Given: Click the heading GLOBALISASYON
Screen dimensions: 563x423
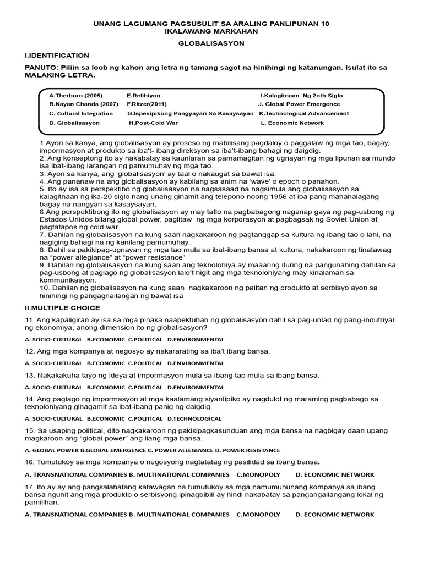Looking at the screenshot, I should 211,43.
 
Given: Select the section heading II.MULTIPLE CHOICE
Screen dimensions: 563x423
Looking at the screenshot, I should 63,308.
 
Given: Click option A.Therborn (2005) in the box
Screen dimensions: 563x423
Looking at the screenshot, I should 75,95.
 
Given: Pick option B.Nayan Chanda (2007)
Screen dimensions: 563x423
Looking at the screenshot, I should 84,104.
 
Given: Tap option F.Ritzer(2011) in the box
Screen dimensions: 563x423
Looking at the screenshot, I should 147,104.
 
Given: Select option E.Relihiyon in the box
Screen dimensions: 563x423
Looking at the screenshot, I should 143,95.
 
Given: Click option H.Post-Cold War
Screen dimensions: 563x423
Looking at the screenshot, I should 153,123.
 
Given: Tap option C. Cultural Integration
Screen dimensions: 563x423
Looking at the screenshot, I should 81,113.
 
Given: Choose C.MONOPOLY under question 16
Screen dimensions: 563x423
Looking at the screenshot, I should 258,474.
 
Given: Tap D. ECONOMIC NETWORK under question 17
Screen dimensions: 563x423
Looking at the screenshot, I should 334,515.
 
